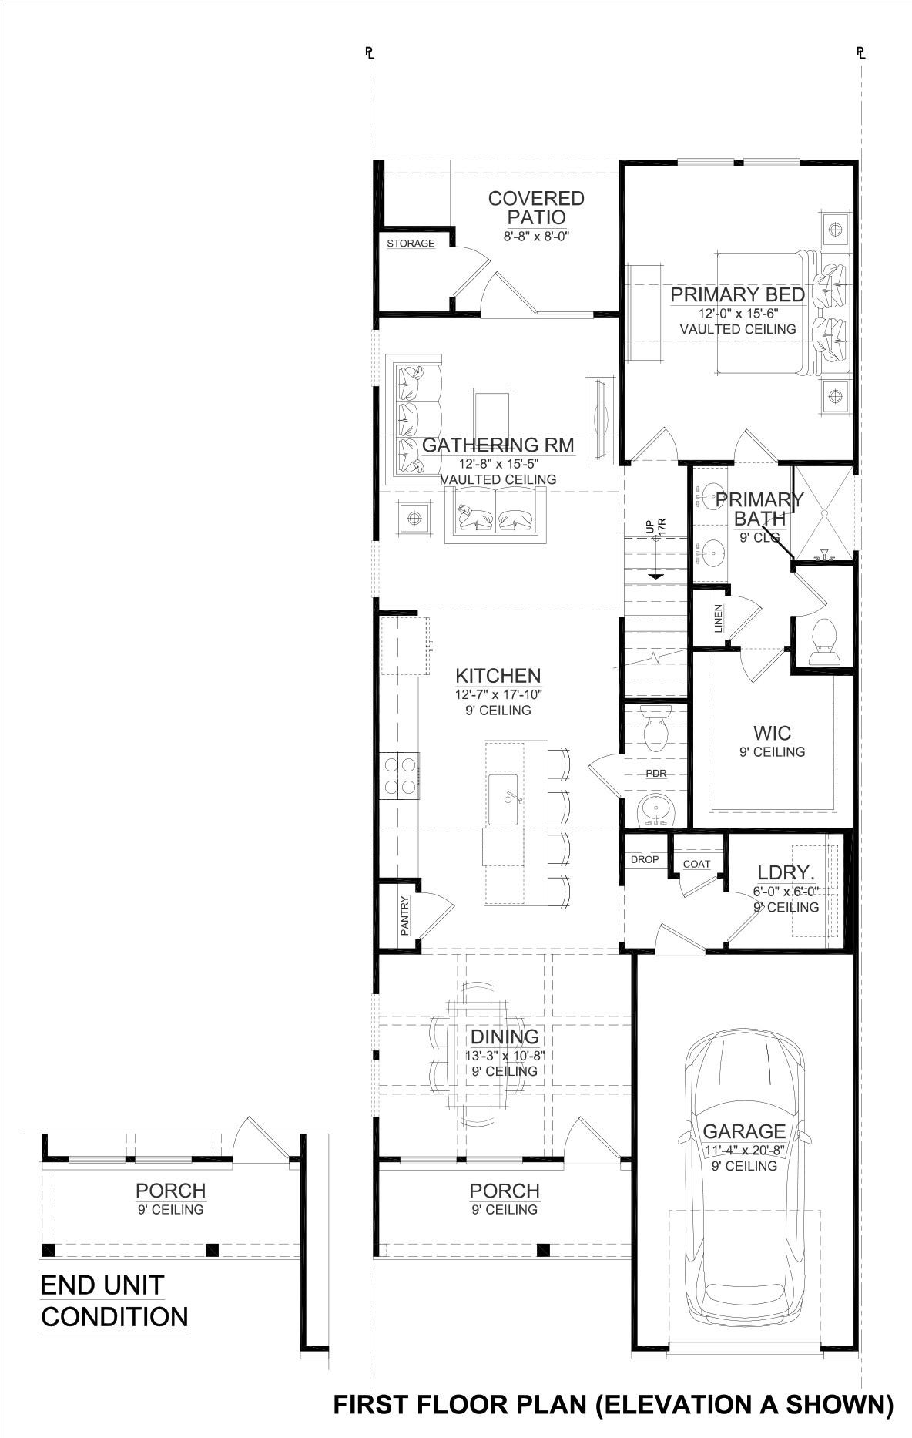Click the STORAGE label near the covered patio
[411, 244]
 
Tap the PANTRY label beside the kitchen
[405, 915]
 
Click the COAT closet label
[696, 864]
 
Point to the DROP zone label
[645, 859]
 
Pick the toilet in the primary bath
[826, 641]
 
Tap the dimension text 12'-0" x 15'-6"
[738, 314]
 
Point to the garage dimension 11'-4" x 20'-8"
[743, 1151]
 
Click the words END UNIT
[102, 1285]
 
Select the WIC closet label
[772, 733]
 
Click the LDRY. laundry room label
[786, 873]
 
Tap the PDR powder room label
[655, 774]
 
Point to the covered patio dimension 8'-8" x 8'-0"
[536, 237]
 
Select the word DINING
[505, 1037]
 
